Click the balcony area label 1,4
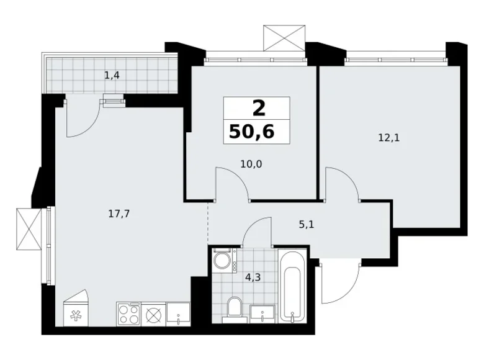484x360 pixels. (x=112, y=76)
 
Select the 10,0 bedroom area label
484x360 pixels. (x=252, y=164)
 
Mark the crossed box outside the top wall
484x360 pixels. (x=284, y=37)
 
